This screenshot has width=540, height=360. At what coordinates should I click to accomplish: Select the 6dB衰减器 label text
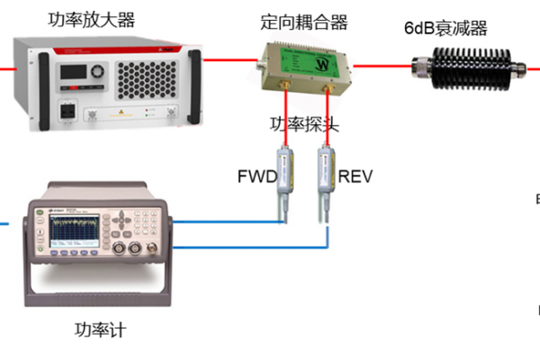[446, 27]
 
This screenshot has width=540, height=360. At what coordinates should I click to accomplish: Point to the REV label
[355, 175]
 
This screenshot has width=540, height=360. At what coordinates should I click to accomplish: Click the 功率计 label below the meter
[100, 329]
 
